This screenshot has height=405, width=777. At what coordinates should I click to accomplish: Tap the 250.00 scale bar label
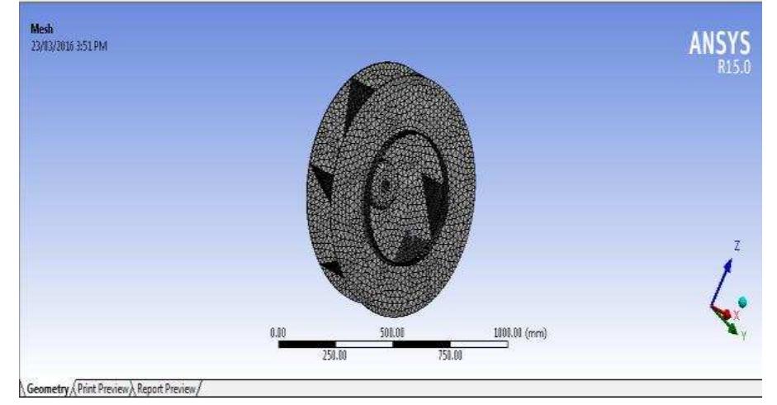pos(334,358)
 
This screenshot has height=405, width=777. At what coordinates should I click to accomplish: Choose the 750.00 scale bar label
pos(450,358)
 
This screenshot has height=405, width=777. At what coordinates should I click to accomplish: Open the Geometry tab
pos(31,388)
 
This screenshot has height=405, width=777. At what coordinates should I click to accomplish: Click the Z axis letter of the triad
pos(737,245)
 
